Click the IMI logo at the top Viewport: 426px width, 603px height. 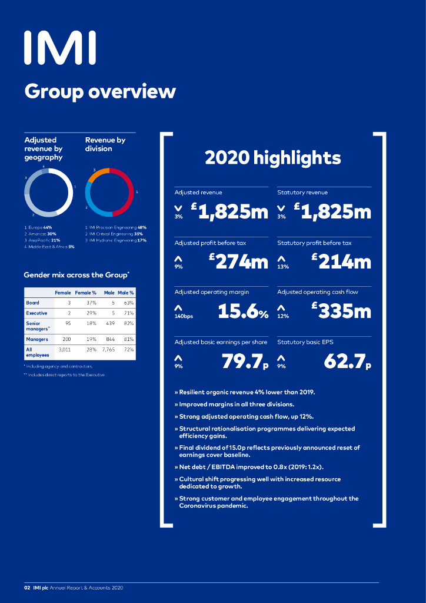click(x=59, y=48)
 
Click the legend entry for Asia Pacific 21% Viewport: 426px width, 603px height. click(x=42, y=240)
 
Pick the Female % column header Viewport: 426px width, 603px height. click(x=85, y=293)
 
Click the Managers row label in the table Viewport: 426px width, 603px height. click(x=37, y=339)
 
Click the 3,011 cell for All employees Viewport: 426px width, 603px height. click(x=64, y=350)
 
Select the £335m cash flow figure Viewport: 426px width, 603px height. click(x=341, y=312)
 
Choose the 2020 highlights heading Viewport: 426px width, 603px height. click(x=272, y=158)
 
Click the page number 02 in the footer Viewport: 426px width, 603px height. click(x=27, y=588)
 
